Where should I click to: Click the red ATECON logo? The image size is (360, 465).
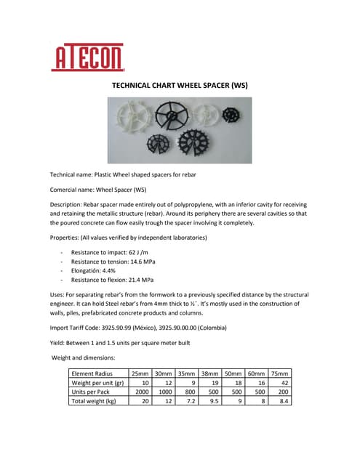coord(87,56)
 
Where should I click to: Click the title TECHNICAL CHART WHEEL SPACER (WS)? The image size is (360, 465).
coord(180,85)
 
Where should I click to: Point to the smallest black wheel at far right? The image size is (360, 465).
coord(231,113)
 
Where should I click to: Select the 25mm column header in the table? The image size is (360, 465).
coord(140,373)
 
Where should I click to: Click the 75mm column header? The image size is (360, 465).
coord(280,373)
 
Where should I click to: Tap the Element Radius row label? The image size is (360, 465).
coord(94,373)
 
